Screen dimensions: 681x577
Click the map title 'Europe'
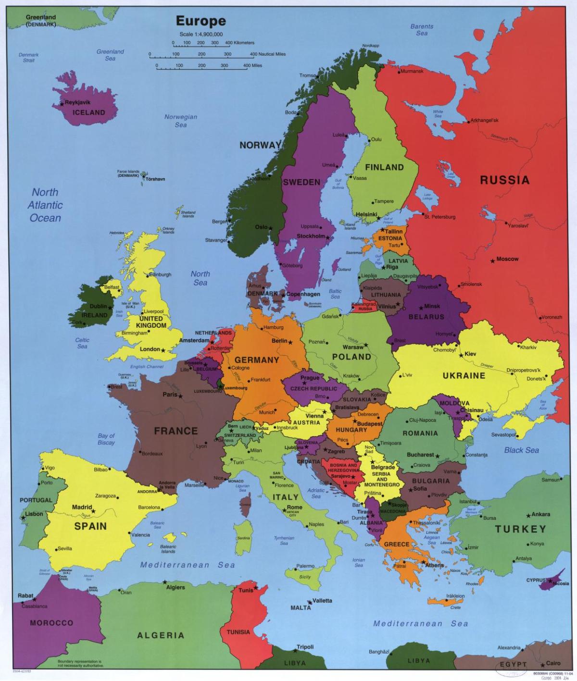[201, 21]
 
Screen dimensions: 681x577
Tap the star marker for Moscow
[492, 261]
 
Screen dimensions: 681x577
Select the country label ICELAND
[88, 112]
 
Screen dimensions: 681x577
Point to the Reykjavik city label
[77, 102]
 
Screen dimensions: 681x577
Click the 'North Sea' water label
[200, 278]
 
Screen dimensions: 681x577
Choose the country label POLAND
[351, 357]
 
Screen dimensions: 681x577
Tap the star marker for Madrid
[93, 511]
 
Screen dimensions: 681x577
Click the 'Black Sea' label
[521, 450]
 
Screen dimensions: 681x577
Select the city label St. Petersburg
[439, 217]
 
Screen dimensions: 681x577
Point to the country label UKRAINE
[464, 375]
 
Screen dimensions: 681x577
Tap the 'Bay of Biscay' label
[106, 439]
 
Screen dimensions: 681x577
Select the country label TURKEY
[520, 529]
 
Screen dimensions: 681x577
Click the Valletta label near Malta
[322, 601]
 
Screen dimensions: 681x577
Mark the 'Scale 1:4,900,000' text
[201, 34]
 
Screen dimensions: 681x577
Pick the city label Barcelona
[149, 508]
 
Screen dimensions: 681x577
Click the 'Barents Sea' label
[422, 30]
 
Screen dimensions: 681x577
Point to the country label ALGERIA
[161, 635]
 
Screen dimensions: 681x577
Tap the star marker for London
[163, 351]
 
